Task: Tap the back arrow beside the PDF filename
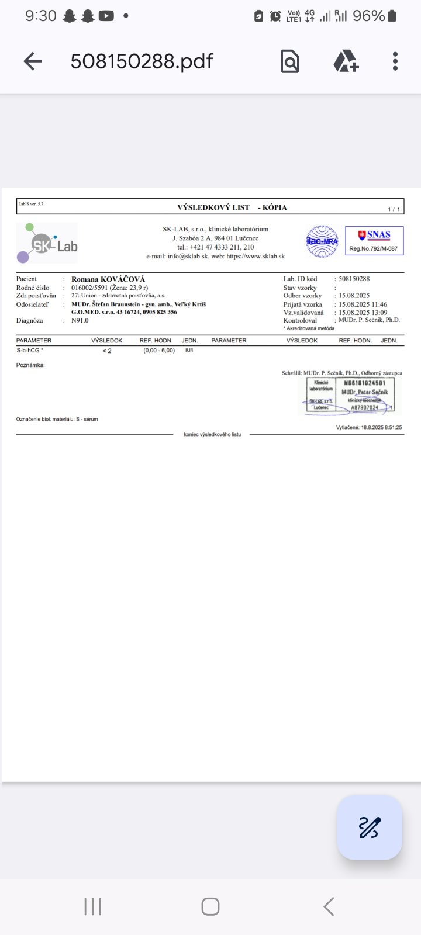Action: click(x=33, y=61)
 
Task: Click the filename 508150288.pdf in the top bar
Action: click(x=142, y=61)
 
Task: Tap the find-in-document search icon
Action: click(x=290, y=61)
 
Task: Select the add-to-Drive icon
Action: click(x=346, y=61)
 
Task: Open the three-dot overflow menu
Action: click(x=395, y=61)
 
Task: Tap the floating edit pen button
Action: click(x=370, y=827)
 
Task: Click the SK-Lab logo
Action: click(x=47, y=243)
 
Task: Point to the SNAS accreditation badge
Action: click(x=374, y=241)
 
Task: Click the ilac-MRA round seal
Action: click(x=322, y=241)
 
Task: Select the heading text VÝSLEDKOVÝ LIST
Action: click(x=213, y=207)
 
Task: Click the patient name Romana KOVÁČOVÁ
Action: click(x=108, y=279)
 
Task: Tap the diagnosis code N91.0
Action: click(x=80, y=321)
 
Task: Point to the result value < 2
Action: click(x=106, y=351)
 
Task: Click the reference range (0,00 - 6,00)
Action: click(x=159, y=351)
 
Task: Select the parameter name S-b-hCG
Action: click(x=30, y=351)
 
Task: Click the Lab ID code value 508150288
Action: click(x=354, y=279)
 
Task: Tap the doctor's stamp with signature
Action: click(x=350, y=396)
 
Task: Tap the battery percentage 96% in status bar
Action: click(x=369, y=16)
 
